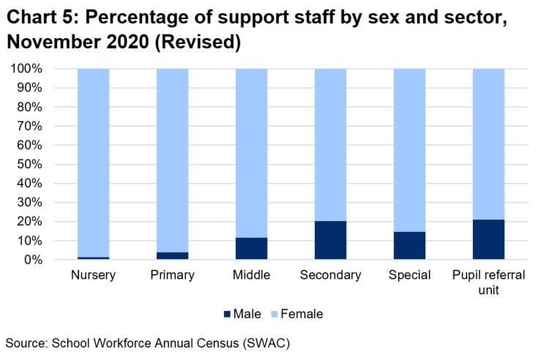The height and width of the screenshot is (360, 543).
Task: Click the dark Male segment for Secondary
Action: tap(331, 240)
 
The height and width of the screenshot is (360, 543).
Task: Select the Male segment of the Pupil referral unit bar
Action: tap(489, 239)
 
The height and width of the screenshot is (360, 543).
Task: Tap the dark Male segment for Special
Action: tap(410, 246)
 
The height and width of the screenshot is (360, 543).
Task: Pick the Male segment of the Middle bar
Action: tap(252, 249)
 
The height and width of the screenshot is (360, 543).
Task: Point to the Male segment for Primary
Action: tap(173, 256)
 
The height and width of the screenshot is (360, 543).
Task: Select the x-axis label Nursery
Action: tap(94, 276)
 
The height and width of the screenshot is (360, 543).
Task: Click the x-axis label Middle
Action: tap(252, 276)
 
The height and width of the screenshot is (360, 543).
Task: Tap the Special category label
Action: tap(410, 276)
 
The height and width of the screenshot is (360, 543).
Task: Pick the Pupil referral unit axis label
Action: tap(489, 282)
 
